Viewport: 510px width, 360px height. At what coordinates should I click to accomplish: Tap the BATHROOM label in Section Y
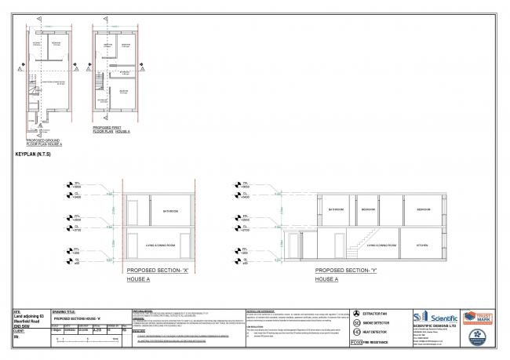(336, 209)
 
